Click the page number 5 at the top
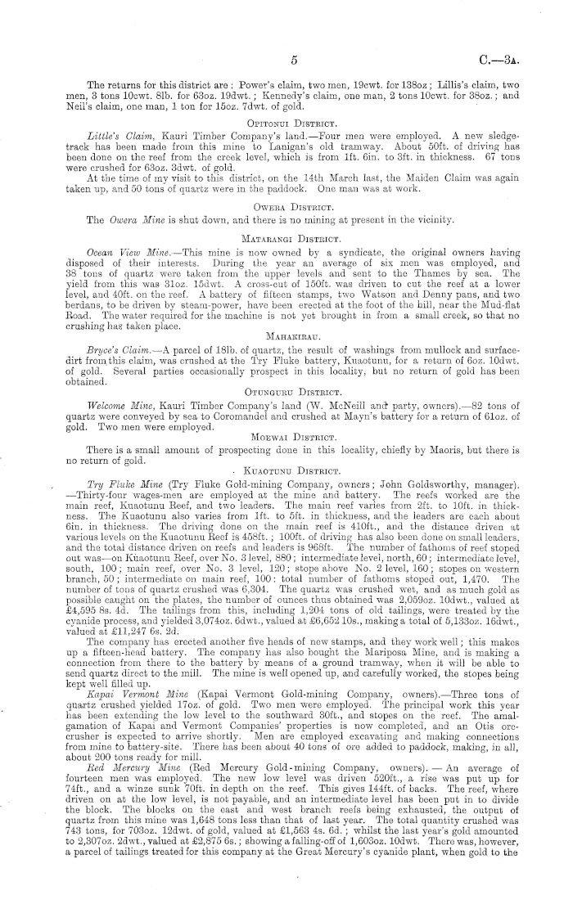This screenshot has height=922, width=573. [292, 61]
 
